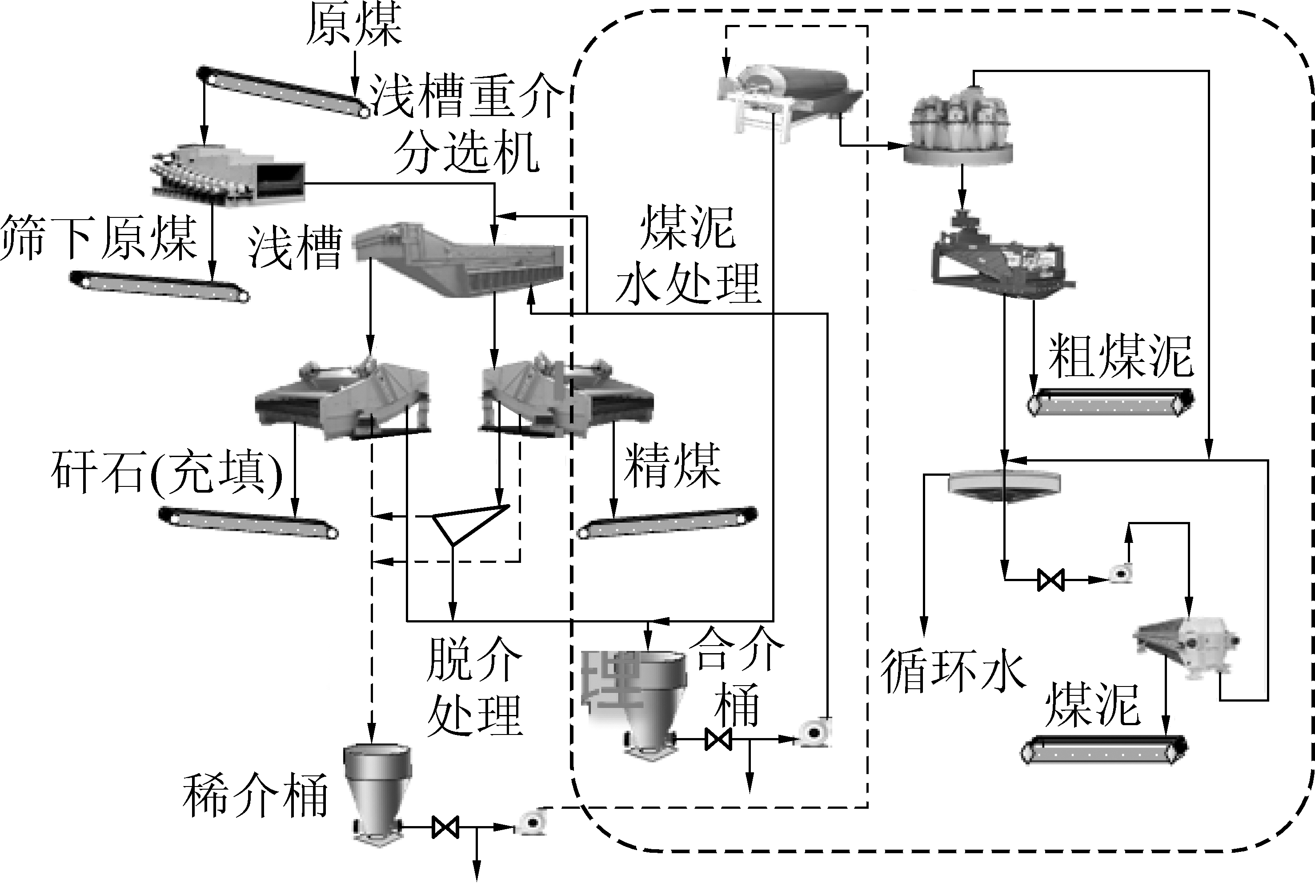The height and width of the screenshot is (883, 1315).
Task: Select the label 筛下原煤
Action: pyautogui.click(x=99, y=238)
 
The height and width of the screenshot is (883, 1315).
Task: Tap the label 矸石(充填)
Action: pyautogui.click(x=167, y=472)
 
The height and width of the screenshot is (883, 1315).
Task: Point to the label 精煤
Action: pyautogui.click(x=672, y=465)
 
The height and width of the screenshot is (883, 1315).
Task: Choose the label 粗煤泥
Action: pyautogui.click(x=1120, y=357)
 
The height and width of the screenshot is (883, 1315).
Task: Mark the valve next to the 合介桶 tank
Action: pyautogui.click(x=718, y=739)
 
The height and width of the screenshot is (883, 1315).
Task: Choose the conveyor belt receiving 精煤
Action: pyautogui.click(x=668, y=522)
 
